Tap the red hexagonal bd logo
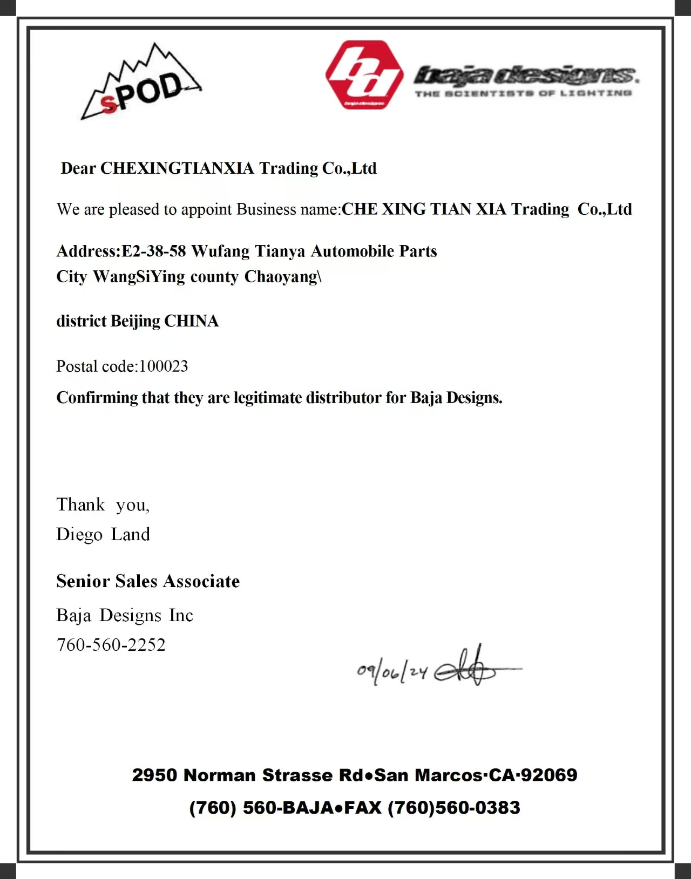tap(364, 75)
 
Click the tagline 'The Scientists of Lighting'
tap(523, 93)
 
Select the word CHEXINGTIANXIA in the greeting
tap(178, 168)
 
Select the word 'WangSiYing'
tap(139, 277)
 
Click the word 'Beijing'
tap(136, 322)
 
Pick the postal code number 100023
tap(164, 366)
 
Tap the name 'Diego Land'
tap(103, 534)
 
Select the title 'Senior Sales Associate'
tap(148, 581)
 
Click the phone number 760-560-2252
tap(111, 645)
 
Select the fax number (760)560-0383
tap(454, 808)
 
